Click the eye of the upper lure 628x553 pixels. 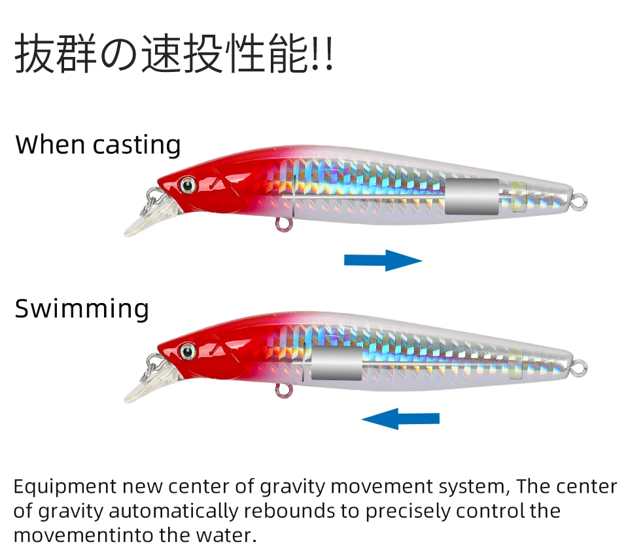188,185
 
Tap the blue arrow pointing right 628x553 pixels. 383,260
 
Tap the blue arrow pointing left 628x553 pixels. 400,418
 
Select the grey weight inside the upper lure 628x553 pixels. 472,196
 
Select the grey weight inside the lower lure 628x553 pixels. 336,364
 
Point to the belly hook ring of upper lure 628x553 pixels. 283,224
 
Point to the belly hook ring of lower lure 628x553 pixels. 283,391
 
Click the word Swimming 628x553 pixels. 82,309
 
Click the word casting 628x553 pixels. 136,145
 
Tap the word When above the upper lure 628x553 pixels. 50,144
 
